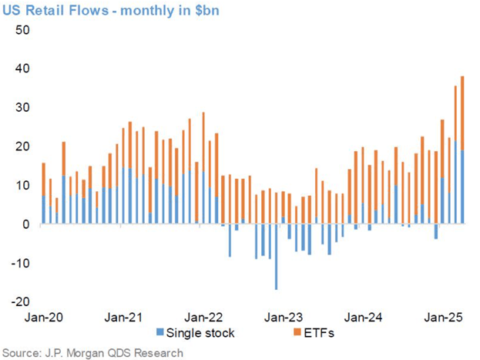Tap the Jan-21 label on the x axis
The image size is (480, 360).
[123, 317]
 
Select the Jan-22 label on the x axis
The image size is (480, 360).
[204, 317]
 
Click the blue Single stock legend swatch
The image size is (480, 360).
[160, 333]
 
